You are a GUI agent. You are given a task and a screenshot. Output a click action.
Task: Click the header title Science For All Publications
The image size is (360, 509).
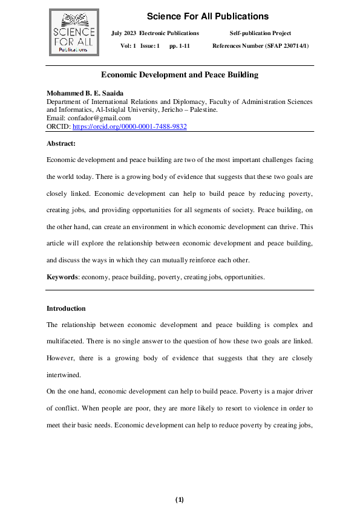pos(208,16)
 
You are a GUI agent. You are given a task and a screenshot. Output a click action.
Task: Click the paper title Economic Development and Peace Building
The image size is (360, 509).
pos(180,75)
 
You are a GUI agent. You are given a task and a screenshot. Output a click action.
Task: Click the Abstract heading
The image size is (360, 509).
pos(61,143)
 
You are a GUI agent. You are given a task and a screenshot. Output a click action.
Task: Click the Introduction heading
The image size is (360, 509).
pos(66,308)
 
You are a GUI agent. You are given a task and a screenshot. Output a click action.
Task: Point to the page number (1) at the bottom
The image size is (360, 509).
pos(180,499)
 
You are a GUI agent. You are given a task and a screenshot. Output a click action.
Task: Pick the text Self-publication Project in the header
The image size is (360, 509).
pos(261,33)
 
